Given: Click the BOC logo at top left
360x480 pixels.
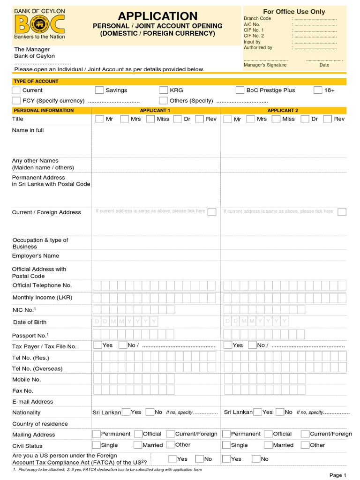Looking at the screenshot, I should click(39, 24).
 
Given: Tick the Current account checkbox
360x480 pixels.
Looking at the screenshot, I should click(16, 90).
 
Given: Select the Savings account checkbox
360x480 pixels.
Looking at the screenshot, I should click(99, 90).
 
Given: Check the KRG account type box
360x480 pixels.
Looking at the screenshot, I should click(163, 90).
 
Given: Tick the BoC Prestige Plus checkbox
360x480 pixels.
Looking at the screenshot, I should click(240, 90).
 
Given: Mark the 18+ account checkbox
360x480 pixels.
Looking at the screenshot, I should click(318, 90).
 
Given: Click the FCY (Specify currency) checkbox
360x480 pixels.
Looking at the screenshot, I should click(16, 101).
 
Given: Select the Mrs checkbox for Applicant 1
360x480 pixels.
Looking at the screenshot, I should click(125, 119).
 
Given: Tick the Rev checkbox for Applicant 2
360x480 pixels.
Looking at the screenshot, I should click(328, 119).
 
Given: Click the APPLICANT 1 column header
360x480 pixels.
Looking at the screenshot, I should click(155, 111).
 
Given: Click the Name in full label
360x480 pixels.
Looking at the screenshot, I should click(28, 130).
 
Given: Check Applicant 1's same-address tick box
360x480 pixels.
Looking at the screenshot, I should click(212, 212).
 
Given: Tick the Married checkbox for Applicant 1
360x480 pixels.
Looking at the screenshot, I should click(138, 445).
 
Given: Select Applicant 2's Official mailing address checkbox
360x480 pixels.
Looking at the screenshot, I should click(268, 434).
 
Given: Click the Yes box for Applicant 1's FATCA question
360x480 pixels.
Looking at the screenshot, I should click(172, 459).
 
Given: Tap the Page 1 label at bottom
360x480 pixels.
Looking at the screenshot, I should click(337, 475).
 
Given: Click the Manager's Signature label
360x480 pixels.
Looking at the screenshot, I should click(265, 65).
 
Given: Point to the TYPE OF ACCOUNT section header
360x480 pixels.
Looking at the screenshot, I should click(36, 82).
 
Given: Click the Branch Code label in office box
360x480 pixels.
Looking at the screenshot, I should click(257, 19).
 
